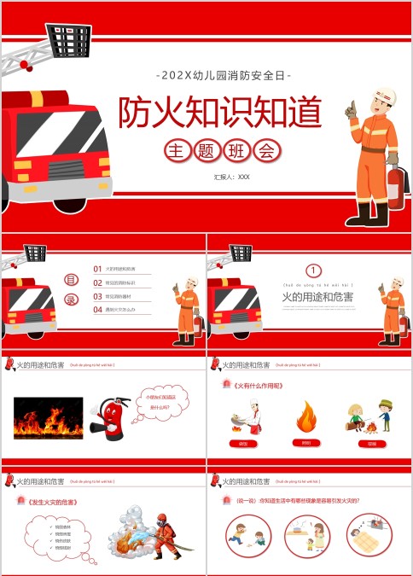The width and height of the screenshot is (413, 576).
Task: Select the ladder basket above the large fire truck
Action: (x=69, y=39)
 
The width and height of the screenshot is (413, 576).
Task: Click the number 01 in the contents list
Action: (x=97, y=269)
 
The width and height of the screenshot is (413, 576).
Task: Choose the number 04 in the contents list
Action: (x=97, y=309)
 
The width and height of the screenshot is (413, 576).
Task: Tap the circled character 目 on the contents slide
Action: (x=73, y=279)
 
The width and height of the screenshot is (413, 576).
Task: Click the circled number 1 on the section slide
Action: (x=313, y=271)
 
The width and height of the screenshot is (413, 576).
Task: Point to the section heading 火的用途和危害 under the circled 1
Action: (x=317, y=297)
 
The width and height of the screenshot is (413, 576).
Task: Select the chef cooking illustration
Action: (x=244, y=416)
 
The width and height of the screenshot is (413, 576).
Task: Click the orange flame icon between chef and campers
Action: (x=305, y=417)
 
